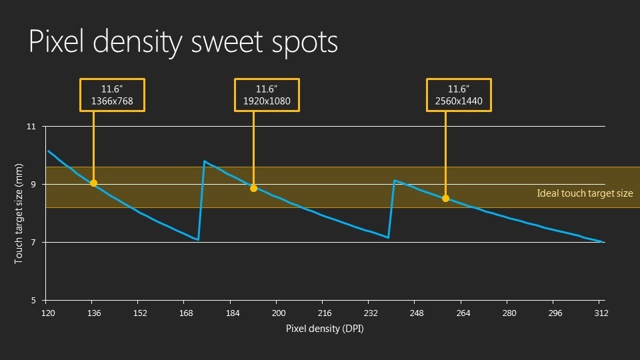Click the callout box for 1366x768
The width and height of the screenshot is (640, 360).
(x=111, y=95)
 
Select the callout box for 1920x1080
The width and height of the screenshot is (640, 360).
(x=267, y=95)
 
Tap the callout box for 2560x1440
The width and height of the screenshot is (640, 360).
(x=459, y=95)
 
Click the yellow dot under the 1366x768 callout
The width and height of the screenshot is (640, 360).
(x=93, y=183)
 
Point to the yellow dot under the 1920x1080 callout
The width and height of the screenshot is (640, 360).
(x=253, y=188)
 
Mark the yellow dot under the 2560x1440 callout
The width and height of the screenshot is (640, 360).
(x=445, y=198)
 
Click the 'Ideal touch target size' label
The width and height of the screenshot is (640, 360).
(x=585, y=193)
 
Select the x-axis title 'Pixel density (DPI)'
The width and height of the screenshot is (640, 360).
(x=325, y=329)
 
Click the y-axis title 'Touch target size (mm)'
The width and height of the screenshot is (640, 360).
(x=19, y=213)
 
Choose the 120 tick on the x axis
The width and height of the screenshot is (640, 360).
(x=47, y=313)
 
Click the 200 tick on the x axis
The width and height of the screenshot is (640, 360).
(x=279, y=313)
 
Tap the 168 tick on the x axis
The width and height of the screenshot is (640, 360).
(x=186, y=313)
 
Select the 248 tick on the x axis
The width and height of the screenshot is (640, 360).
(x=417, y=313)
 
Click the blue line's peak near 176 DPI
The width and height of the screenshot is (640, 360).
(x=204, y=161)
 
